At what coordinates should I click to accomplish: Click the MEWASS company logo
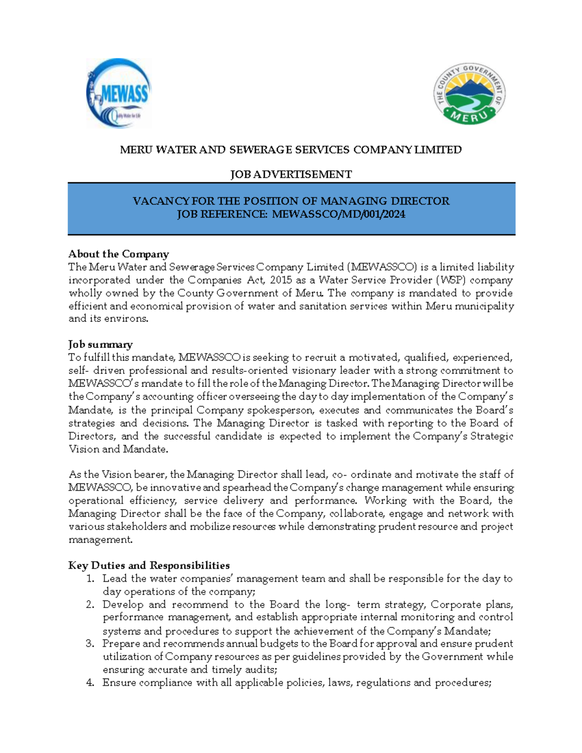tap(119, 93)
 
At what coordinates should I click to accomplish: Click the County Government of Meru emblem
tap(469, 93)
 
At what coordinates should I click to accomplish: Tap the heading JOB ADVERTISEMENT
tap(291, 175)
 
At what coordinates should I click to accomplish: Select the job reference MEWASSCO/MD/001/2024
tap(339, 214)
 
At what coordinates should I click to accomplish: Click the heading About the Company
tap(119, 254)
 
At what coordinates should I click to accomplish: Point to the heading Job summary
tap(100, 344)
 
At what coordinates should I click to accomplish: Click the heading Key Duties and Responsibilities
tap(149, 565)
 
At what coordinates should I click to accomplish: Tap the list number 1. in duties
tap(90, 578)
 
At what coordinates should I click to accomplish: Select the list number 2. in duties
tap(90, 605)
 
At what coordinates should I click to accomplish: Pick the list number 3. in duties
tap(90, 644)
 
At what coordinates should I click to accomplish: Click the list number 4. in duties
tap(90, 683)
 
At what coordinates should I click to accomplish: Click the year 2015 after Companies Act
tap(281, 280)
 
